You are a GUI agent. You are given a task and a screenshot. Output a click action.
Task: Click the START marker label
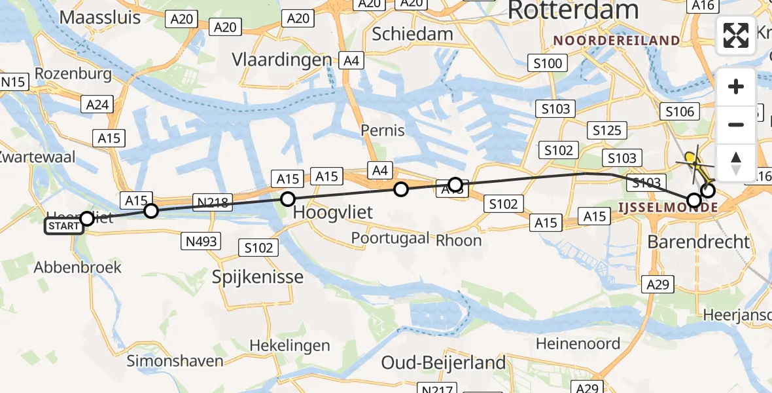(x=64, y=227)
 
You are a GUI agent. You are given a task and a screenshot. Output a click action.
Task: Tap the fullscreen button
(x=736, y=35)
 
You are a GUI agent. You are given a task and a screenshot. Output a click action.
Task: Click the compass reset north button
(x=736, y=162)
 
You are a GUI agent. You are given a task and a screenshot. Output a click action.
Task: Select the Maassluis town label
(x=100, y=17)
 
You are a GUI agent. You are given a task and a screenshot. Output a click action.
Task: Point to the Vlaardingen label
(x=282, y=60)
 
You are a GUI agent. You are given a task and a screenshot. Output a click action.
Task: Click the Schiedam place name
(x=412, y=33)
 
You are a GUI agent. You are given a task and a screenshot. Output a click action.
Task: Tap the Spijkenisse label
(x=258, y=276)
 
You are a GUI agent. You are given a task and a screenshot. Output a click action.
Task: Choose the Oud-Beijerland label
(x=444, y=362)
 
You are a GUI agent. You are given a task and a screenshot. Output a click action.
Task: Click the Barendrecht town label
(x=698, y=242)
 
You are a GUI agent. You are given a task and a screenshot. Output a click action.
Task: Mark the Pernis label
(x=383, y=130)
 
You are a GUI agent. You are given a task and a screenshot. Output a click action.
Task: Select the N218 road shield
(x=212, y=202)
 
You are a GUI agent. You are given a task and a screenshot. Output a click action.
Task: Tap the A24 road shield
(x=97, y=103)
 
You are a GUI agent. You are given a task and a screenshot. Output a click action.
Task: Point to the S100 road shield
(x=548, y=64)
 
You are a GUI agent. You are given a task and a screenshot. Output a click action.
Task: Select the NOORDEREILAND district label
(x=616, y=41)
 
